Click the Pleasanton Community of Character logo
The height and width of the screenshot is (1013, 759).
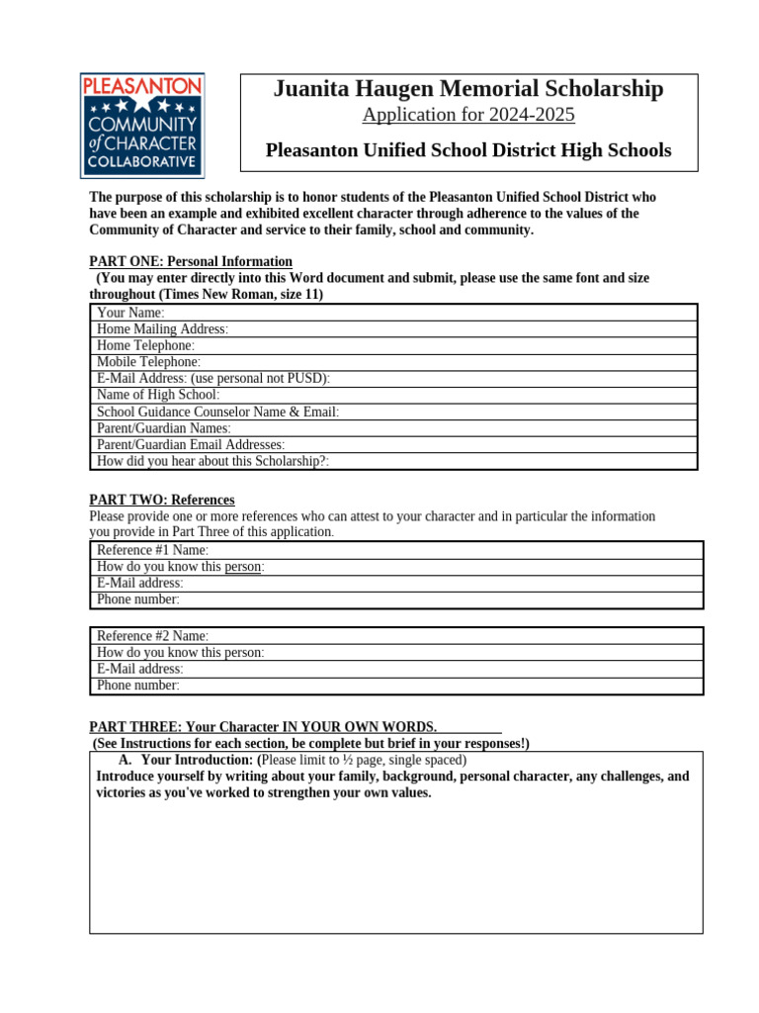142,125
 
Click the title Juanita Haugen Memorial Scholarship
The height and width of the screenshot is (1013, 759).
468,89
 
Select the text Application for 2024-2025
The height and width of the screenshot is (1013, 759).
468,115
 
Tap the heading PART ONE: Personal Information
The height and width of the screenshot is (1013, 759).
191,262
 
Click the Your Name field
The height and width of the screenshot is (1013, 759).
395,313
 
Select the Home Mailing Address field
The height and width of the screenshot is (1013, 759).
395,329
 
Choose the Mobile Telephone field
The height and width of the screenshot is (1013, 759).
395,362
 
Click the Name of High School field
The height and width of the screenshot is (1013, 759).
395,395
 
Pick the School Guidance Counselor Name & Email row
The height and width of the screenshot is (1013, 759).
395,412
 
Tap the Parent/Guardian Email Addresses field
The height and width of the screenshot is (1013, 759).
395,445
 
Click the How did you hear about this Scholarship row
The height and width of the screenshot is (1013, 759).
395,461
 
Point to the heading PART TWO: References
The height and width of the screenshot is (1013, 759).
162,500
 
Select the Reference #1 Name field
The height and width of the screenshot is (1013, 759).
395,550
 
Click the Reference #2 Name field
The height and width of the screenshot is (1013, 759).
395,636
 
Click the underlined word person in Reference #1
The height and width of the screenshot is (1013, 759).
243,567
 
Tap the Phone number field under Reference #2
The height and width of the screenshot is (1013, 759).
395,686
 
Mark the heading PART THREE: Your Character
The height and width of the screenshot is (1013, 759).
263,727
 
